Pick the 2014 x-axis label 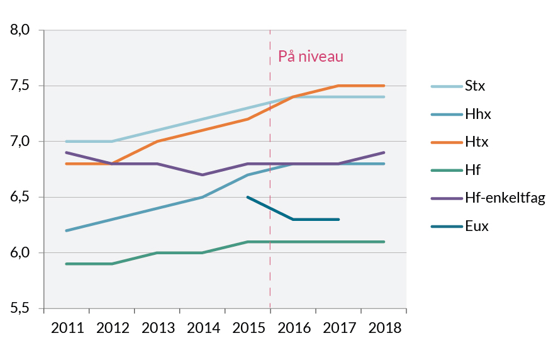click(203, 328)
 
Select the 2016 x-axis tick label click(293, 328)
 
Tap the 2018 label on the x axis click(384, 328)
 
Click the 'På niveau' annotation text click(311, 57)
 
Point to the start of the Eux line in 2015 click(248, 197)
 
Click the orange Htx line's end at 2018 click(384, 86)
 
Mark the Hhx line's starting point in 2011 click(67, 230)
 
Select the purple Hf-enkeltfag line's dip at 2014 click(203, 175)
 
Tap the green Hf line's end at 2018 click(384, 242)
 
